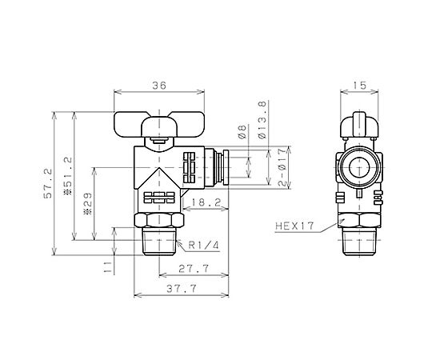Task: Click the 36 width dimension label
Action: click(x=159, y=86)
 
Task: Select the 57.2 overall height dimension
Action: click(x=48, y=183)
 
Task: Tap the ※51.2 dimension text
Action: click(x=67, y=176)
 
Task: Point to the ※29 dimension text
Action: click(x=88, y=203)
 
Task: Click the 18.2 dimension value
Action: click(x=206, y=202)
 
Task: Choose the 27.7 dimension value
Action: click(x=194, y=268)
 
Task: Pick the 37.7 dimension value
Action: click(x=182, y=289)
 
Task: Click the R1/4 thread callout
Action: click(x=204, y=245)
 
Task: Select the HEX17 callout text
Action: click(x=294, y=226)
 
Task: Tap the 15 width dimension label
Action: click(x=359, y=86)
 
